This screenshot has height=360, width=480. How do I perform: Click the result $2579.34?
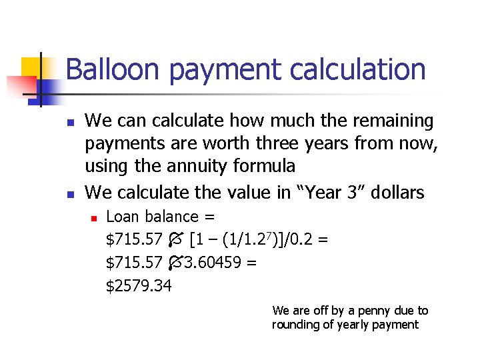139,286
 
